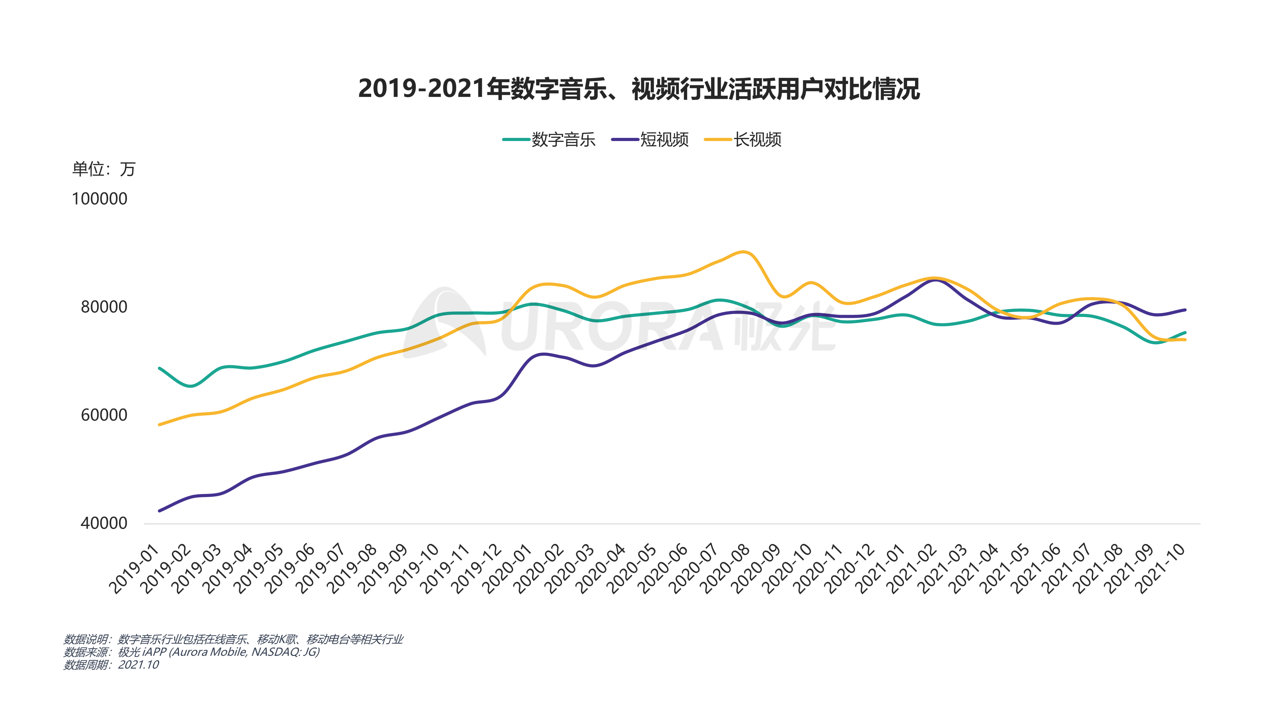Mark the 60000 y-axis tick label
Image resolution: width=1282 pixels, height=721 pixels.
coord(104,415)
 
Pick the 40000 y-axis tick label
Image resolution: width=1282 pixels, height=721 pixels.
coord(104,523)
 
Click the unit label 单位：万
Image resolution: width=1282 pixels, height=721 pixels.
coord(103,169)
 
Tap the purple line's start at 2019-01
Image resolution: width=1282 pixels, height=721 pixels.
coord(159,510)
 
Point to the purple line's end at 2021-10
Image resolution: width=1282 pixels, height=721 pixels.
coord(1185,310)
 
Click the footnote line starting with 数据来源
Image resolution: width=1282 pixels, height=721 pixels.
coord(192,652)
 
